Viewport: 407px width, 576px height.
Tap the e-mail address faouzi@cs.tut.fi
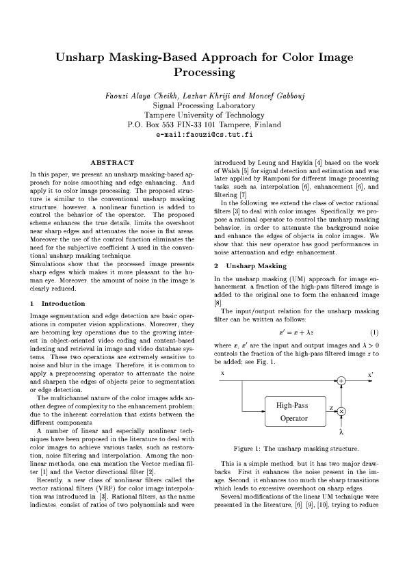[205, 135]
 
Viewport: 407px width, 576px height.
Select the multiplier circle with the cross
[341, 410]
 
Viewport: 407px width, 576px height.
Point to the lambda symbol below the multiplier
[341, 432]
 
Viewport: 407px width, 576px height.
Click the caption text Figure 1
[247, 449]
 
